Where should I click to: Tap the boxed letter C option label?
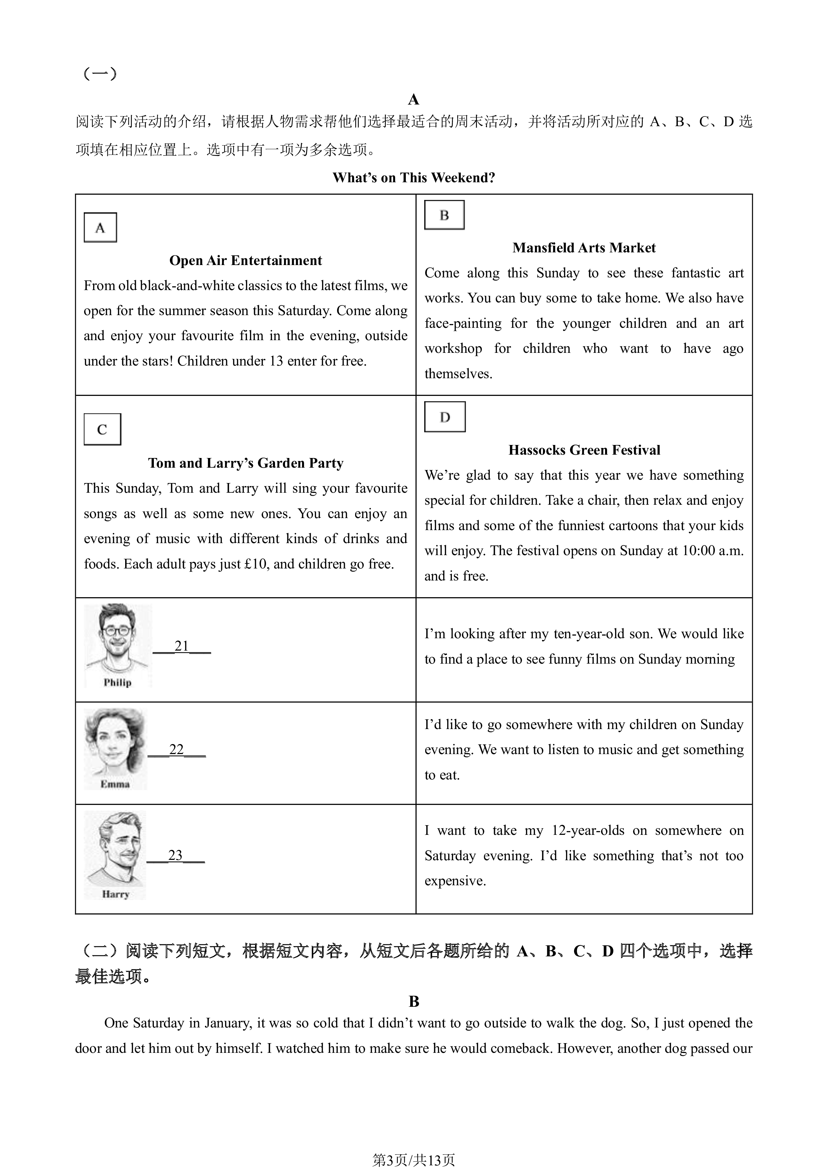(x=102, y=429)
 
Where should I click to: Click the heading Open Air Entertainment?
(x=246, y=261)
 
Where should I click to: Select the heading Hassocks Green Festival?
(x=584, y=450)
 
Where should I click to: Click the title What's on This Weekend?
(x=414, y=178)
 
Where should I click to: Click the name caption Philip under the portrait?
(x=118, y=682)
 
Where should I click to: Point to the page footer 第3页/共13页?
(x=414, y=1160)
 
